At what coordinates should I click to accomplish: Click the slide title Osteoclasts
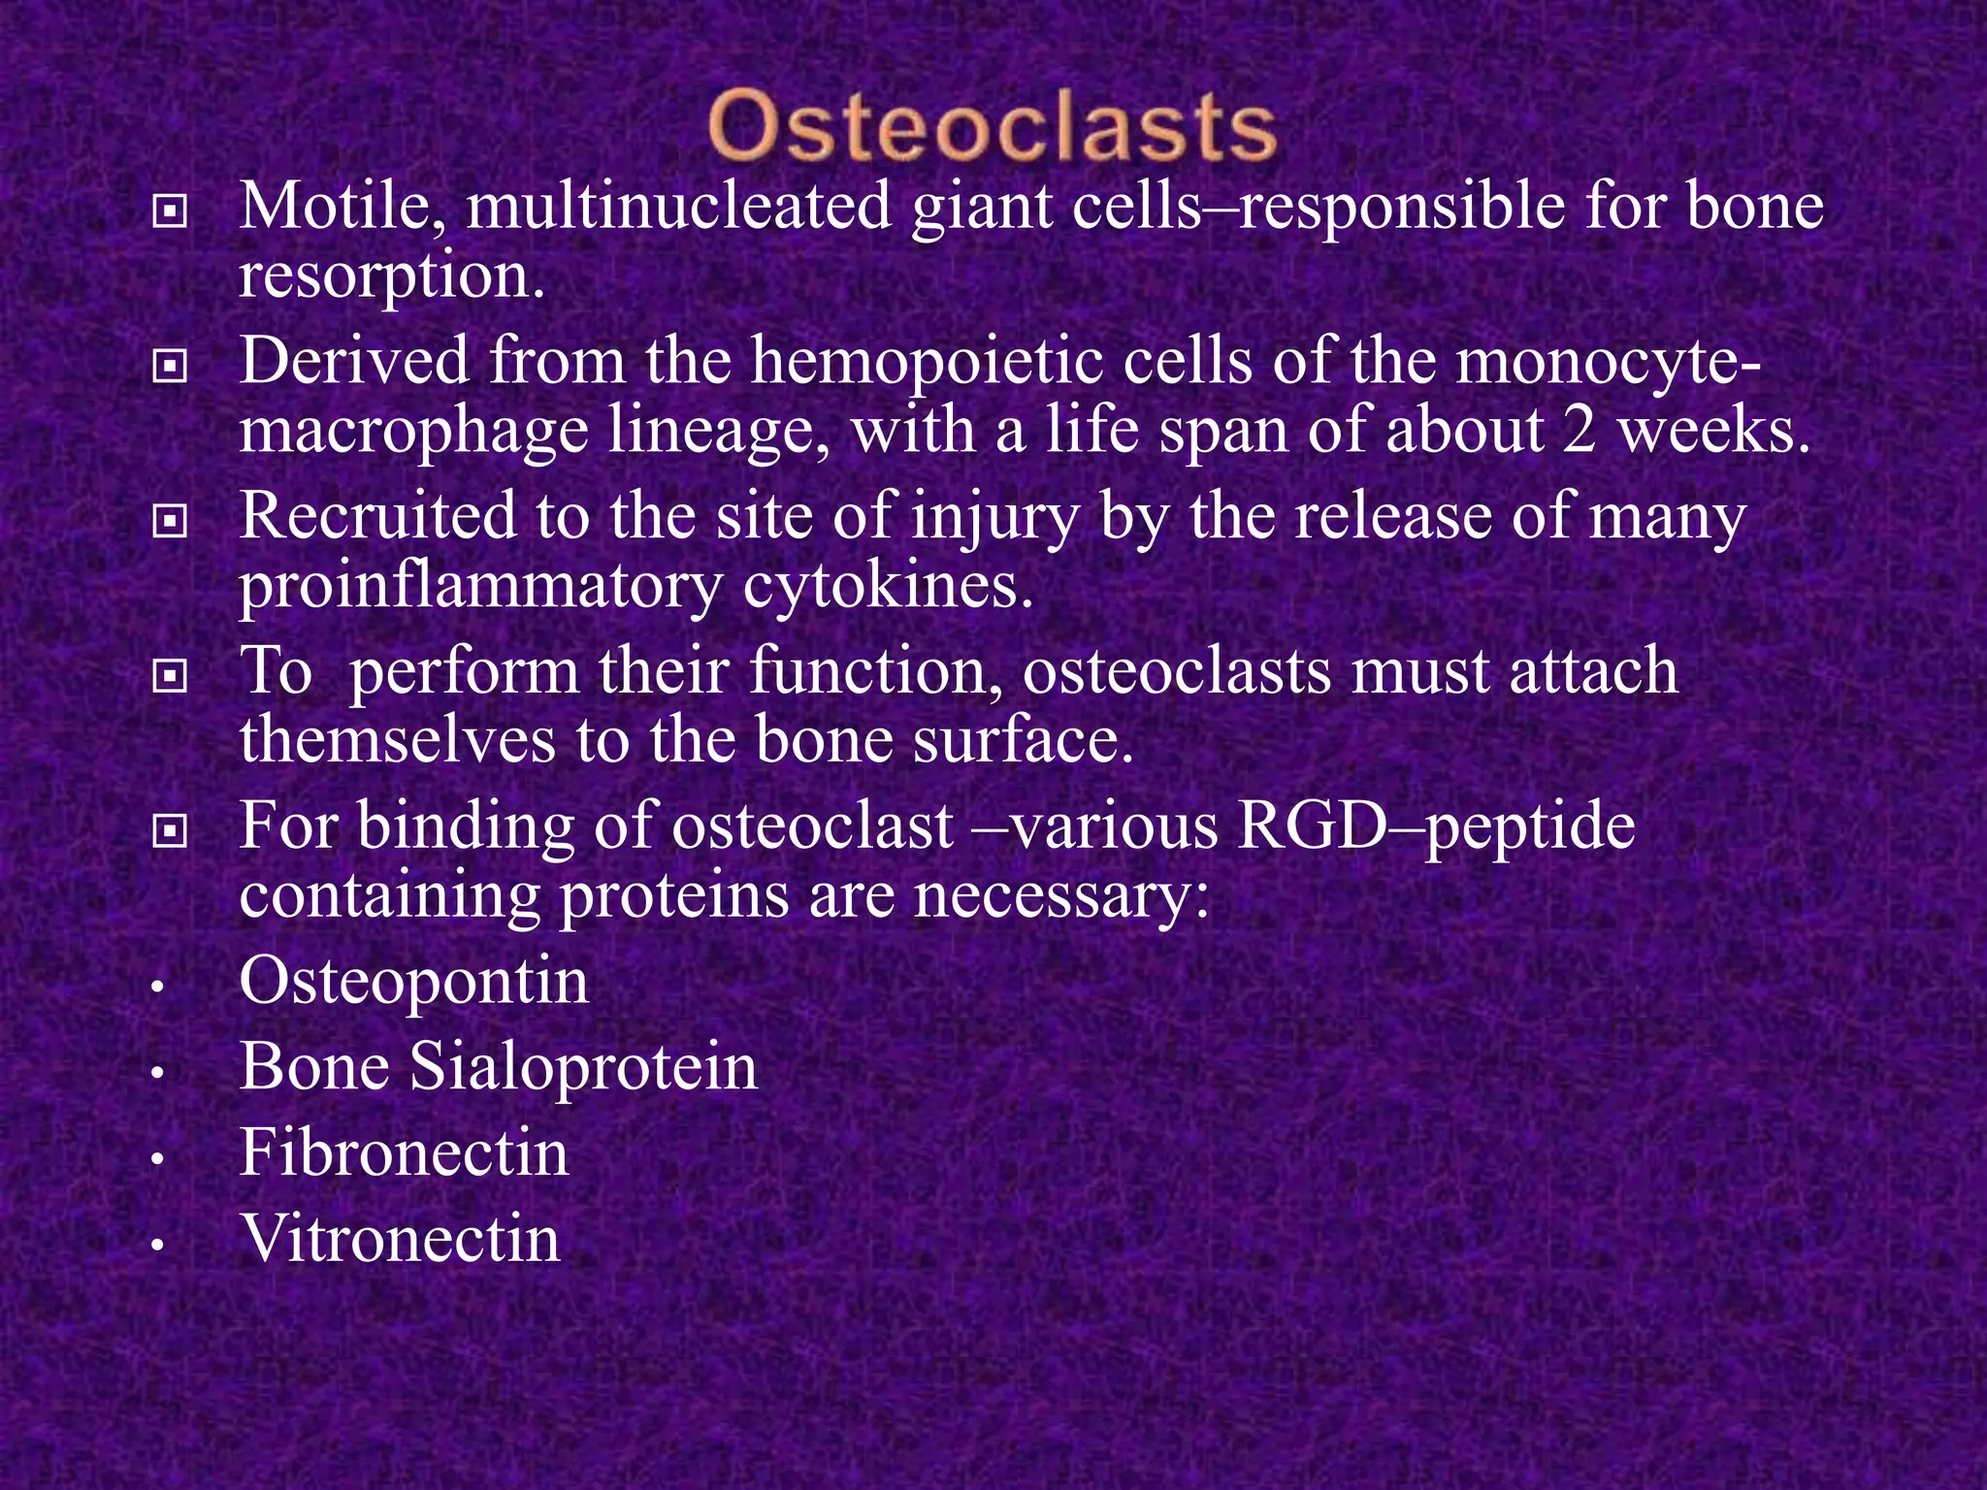point(992,127)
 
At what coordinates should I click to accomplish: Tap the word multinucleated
point(678,207)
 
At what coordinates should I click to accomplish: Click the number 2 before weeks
point(1580,430)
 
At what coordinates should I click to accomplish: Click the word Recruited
point(376,515)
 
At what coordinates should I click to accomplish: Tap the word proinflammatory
point(481,586)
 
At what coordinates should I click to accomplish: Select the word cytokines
point(889,586)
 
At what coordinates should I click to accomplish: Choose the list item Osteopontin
point(414,981)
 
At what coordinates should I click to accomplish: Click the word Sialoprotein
point(583,1067)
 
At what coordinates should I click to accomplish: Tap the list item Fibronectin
point(404,1152)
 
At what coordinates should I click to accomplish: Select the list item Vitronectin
point(401,1239)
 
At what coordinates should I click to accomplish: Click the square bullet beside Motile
point(170,211)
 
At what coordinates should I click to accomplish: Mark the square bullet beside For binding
point(170,830)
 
